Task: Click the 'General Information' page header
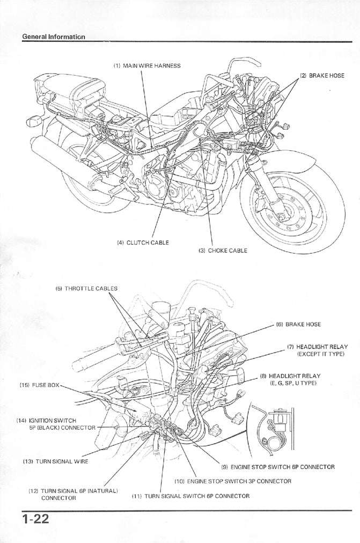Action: pos(53,36)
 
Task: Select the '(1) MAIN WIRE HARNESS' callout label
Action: pos(146,66)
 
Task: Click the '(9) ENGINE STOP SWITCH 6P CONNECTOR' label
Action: pos(278,467)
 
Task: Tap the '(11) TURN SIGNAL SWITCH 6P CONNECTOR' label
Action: pos(190,496)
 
